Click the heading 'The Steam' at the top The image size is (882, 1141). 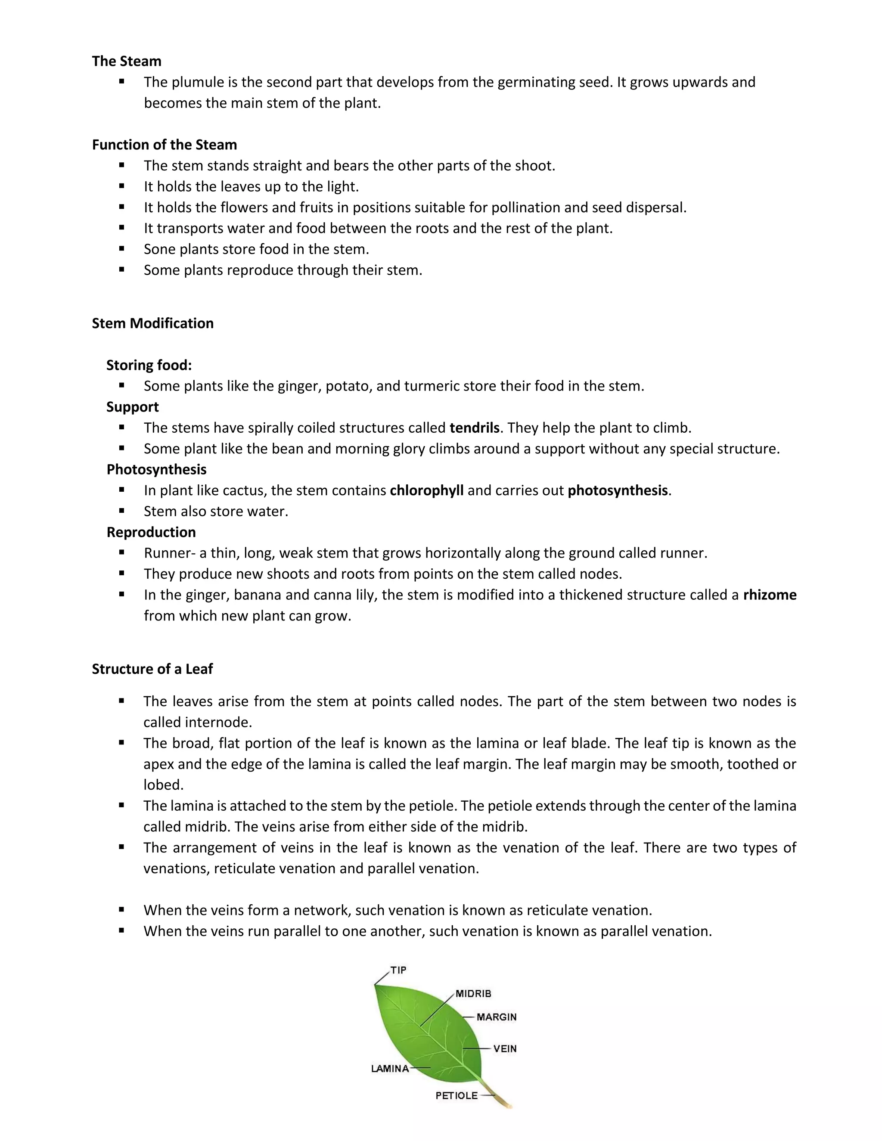[x=127, y=61]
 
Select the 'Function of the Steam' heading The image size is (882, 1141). [x=164, y=145]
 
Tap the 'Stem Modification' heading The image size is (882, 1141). [x=152, y=323]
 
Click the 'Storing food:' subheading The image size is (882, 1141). [x=149, y=365]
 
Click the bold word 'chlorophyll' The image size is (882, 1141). [x=426, y=490]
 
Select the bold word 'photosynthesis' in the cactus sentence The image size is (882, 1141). [x=618, y=490]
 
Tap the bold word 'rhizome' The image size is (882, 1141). [x=770, y=595]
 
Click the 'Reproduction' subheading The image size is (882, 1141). [x=151, y=532]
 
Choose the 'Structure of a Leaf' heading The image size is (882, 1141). [x=152, y=669]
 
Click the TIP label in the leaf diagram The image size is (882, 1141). [x=398, y=970]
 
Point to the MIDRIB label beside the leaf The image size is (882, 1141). [x=473, y=994]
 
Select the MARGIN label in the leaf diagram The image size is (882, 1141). [x=497, y=1017]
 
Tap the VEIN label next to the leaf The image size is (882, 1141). [x=505, y=1048]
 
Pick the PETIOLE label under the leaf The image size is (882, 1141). [x=457, y=1095]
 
